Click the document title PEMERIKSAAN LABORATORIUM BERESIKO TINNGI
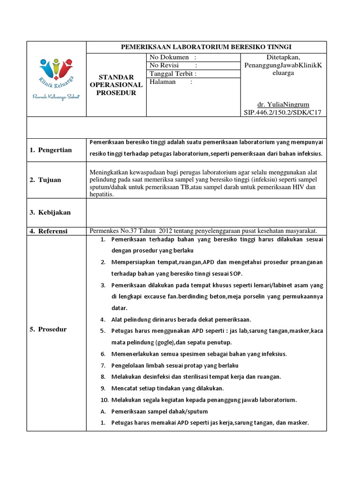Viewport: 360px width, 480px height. pyautogui.click(x=206, y=47)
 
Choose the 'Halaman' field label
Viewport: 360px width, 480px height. pyautogui.click(x=163, y=82)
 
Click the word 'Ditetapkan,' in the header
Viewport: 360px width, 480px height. pyautogui.click(x=283, y=57)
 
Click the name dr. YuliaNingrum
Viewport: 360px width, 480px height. pyautogui.click(x=283, y=104)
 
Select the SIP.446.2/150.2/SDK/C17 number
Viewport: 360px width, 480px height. pyautogui.click(x=283, y=112)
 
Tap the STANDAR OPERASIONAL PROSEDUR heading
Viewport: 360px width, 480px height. pyautogui.click(x=117, y=85)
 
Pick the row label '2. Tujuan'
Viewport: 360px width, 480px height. pyautogui.click(x=45, y=180)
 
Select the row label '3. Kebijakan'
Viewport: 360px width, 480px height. pyautogui.click(x=50, y=212)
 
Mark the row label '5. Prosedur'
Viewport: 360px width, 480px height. pyautogui.click(x=49, y=329)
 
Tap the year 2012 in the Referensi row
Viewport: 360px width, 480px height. pyautogui.click(x=167, y=231)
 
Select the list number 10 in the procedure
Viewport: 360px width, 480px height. pyautogui.click(x=105, y=400)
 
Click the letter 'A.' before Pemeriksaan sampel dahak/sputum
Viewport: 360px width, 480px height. pyautogui.click(x=103, y=412)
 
